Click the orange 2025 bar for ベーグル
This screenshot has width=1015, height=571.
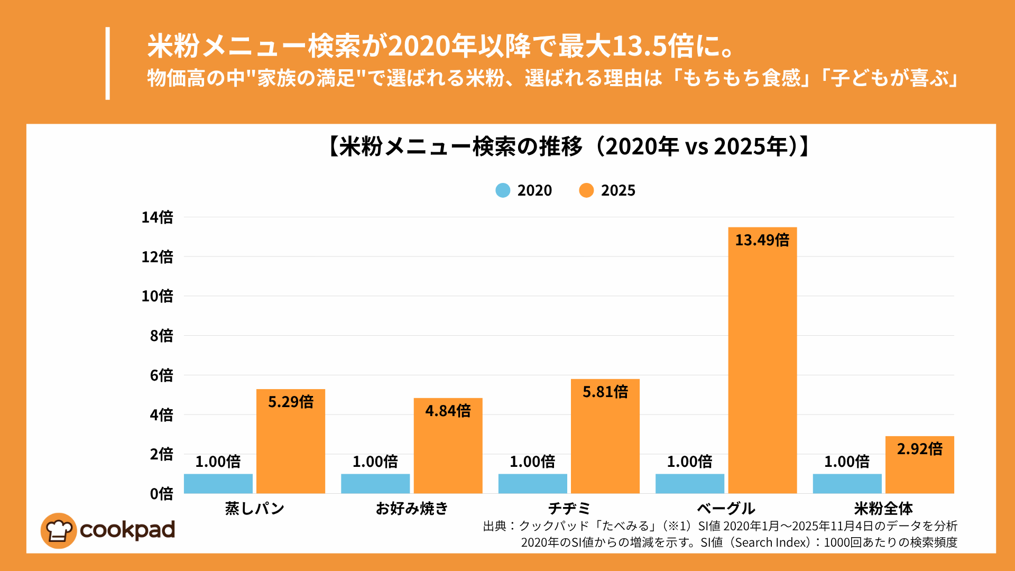(762, 370)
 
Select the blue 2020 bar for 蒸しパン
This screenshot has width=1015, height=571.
(218, 484)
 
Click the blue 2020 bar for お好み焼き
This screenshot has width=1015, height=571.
(375, 484)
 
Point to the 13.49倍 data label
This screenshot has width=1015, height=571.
(762, 240)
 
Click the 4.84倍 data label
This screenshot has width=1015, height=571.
(448, 411)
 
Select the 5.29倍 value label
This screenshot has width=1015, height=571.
(291, 402)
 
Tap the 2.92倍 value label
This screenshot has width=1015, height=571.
(919, 449)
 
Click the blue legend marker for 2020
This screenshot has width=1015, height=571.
(503, 190)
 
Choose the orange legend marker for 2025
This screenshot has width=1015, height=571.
(586, 190)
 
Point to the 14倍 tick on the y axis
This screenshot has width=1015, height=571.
(157, 217)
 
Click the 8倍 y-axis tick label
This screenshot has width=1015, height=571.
(161, 336)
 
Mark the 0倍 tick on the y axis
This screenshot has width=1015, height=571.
(161, 494)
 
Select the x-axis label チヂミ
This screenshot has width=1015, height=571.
(569, 509)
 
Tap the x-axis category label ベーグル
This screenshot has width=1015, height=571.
(726, 509)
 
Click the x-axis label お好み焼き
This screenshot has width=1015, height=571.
(412, 509)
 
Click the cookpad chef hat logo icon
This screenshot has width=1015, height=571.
(59, 530)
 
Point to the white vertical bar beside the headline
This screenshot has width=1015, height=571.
(108, 63)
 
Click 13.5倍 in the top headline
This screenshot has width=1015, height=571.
(653, 47)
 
